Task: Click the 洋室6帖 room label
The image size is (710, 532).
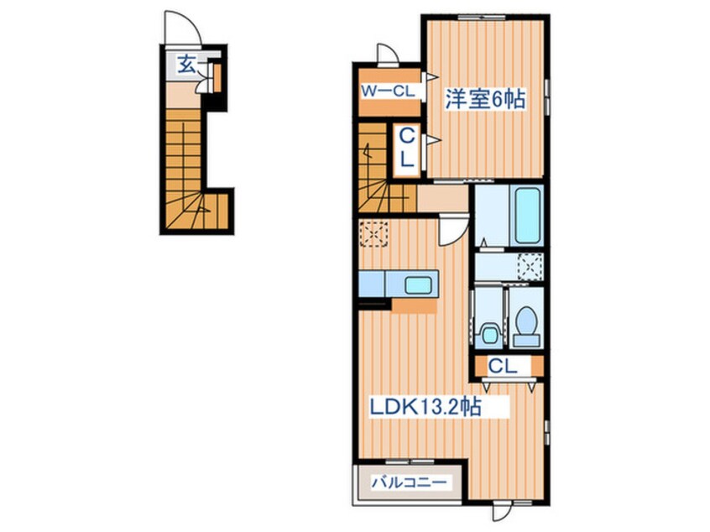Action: pyautogui.click(x=485, y=99)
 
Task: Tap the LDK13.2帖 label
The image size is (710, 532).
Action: pyautogui.click(x=425, y=407)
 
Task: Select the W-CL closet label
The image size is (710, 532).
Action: pyautogui.click(x=388, y=91)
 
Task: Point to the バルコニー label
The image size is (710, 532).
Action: pyautogui.click(x=410, y=482)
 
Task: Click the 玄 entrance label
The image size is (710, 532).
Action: pyautogui.click(x=186, y=65)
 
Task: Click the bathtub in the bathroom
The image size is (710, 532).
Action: pyautogui.click(x=528, y=216)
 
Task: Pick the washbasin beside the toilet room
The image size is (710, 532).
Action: pyautogui.click(x=489, y=334)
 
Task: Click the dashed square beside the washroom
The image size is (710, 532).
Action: pyautogui.click(x=530, y=267)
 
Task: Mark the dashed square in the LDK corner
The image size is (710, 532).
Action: pyautogui.click(x=374, y=233)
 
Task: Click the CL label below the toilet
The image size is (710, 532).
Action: pyautogui.click(x=503, y=367)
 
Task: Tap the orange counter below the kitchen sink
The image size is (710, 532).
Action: pyautogui.click(x=415, y=305)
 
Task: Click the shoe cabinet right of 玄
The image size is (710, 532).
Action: pyautogui.click(x=217, y=78)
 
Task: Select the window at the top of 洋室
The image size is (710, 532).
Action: pyautogui.click(x=481, y=17)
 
